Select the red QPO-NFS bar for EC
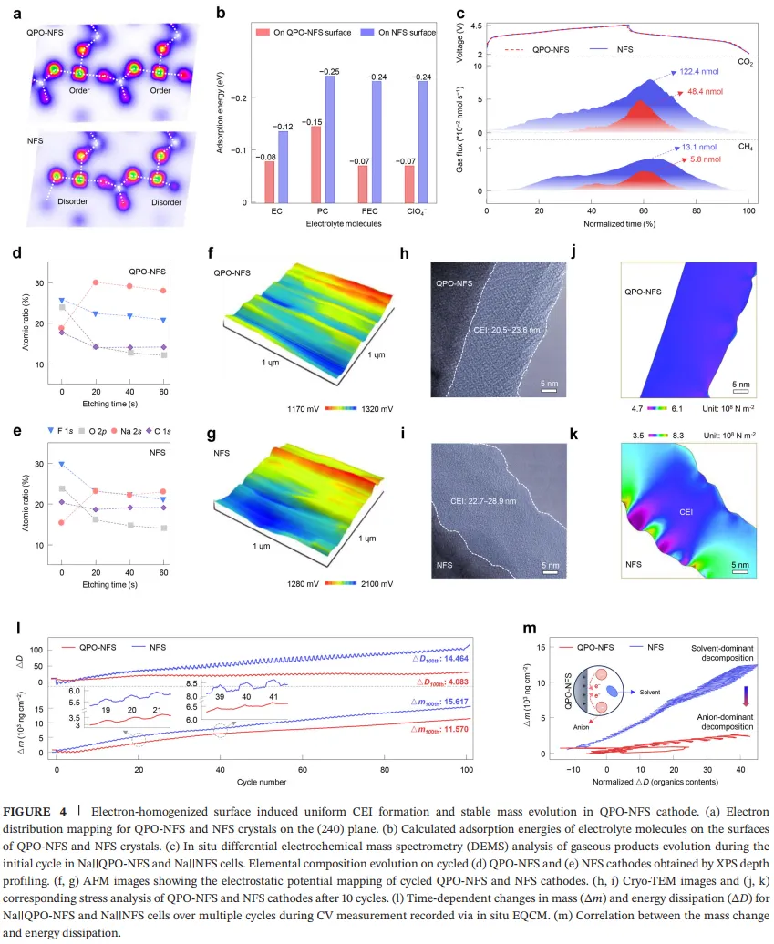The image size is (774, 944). click(x=269, y=181)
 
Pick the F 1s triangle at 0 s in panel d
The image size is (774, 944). click(x=61, y=300)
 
